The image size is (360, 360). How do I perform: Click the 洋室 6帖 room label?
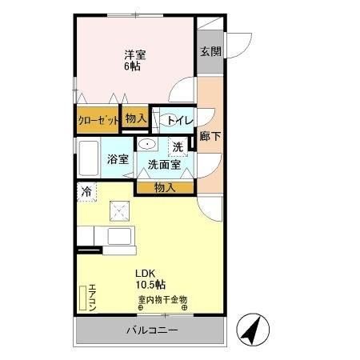(x=134, y=62)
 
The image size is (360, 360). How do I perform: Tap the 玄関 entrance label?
(x=210, y=51)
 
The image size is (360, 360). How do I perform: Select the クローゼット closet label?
(x=98, y=120)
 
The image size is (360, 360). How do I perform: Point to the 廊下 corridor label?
(x=210, y=136)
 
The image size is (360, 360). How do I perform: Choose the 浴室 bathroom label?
(x=118, y=159)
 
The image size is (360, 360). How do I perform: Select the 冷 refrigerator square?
(x=86, y=191)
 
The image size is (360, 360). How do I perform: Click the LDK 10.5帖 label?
(x=150, y=278)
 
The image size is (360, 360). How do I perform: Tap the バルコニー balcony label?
(x=152, y=330)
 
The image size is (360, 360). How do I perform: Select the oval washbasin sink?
(x=147, y=144)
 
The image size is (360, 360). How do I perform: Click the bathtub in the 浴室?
(x=89, y=158)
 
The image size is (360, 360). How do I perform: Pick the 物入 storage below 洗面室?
(x=164, y=187)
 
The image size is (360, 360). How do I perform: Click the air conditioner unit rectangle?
(x=82, y=298)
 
